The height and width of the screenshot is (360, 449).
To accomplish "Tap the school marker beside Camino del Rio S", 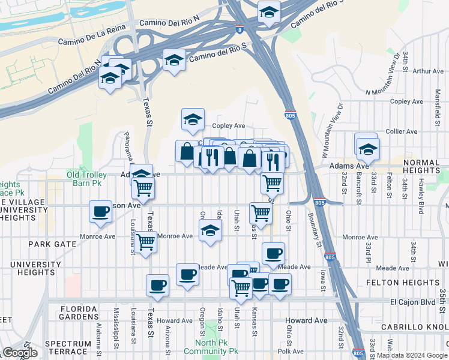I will [174, 60].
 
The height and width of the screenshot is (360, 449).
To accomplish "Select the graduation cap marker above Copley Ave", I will [193, 119].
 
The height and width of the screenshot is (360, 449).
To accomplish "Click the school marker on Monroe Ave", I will [209, 230].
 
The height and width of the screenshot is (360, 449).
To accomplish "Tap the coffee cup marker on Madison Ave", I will [101, 212].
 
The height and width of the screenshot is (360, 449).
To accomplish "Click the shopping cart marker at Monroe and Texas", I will [146, 242].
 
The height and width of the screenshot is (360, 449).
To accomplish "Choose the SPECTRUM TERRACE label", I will [67, 348].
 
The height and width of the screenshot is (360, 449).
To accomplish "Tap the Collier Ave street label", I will [402, 131].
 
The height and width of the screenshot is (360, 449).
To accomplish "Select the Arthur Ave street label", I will [429, 71].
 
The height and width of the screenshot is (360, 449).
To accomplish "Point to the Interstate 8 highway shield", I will [240, 28].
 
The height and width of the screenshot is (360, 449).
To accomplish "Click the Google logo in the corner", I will [20, 353].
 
